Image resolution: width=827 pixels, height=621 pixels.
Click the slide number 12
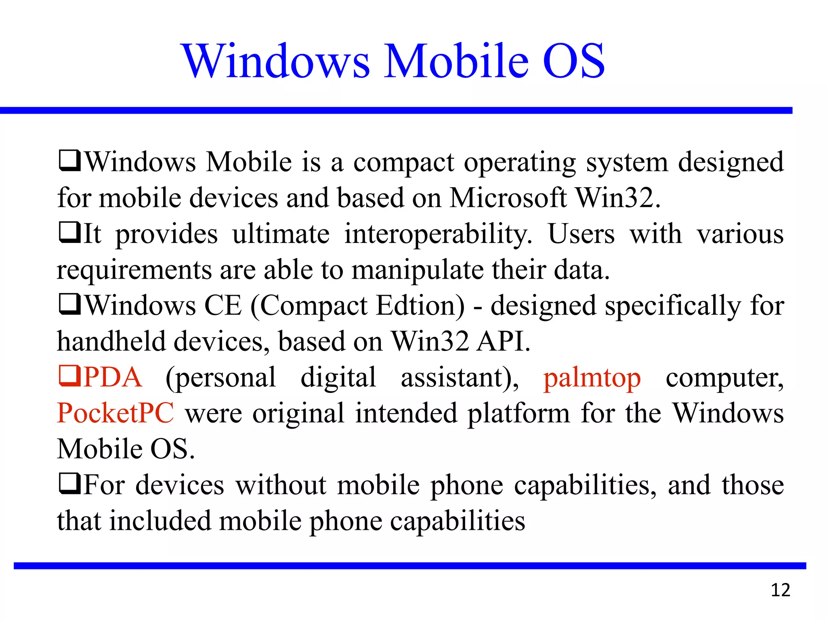click(x=780, y=591)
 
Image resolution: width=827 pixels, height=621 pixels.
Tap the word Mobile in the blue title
click(x=456, y=61)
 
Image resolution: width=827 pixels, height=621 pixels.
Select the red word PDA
click(x=113, y=378)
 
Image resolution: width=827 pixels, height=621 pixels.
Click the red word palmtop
click(x=592, y=378)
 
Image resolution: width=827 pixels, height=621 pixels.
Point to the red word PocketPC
click(x=115, y=413)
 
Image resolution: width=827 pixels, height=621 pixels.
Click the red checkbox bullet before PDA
click(x=70, y=376)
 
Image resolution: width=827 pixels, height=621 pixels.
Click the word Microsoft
click(x=508, y=198)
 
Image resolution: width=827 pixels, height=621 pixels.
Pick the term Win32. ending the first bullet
click(x=618, y=198)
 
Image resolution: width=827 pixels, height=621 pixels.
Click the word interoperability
click(x=438, y=234)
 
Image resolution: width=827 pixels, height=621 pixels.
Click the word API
click(x=503, y=342)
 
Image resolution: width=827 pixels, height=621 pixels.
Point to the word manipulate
click(x=418, y=270)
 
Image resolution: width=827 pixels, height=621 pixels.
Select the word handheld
click(x=111, y=342)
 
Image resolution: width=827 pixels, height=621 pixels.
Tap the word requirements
click(x=134, y=270)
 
